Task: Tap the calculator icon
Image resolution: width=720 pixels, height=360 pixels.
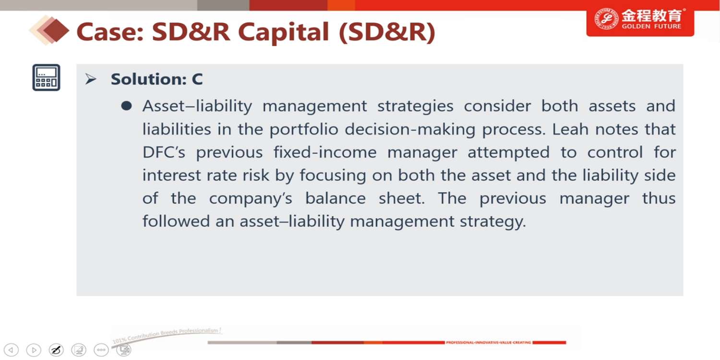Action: tap(46, 77)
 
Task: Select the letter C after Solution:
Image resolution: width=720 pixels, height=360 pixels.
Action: tap(197, 79)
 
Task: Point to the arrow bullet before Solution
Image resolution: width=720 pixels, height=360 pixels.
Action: tap(91, 79)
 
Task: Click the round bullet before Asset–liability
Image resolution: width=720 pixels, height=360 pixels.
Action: tap(127, 106)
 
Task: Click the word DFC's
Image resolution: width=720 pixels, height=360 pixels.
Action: tap(164, 152)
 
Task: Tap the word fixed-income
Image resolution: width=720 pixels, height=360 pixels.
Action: tap(325, 152)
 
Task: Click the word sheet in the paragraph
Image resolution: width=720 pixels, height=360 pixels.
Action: tap(401, 198)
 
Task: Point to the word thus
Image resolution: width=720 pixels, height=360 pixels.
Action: tap(659, 198)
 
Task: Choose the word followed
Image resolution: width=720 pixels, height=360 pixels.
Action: tap(176, 221)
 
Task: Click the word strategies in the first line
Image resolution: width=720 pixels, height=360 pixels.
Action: tap(415, 107)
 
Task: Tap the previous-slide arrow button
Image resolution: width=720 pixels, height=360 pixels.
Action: tap(11, 350)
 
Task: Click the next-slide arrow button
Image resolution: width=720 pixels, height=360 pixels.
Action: tap(34, 350)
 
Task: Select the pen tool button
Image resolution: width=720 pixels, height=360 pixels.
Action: tap(56, 350)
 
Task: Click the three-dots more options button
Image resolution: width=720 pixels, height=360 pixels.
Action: tap(101, 350)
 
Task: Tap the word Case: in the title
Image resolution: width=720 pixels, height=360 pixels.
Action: tap(110, 33)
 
